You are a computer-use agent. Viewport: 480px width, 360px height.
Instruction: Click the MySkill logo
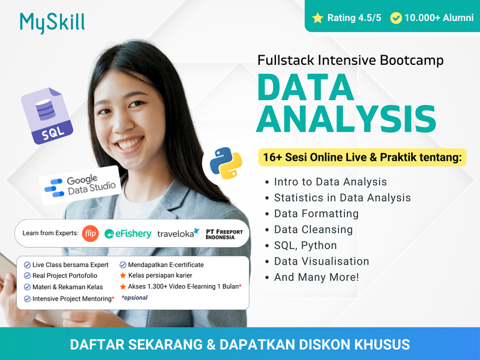point(52,22)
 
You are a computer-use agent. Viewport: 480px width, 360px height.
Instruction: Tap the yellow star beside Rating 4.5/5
point(317,18)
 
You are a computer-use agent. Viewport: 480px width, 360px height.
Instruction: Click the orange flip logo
point(90,233)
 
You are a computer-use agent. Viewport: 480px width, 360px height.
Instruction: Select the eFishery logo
point(128,233)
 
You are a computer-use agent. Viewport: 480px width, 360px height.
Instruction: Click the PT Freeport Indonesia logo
point(224,233)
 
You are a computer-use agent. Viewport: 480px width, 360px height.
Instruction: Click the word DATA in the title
point(305,88)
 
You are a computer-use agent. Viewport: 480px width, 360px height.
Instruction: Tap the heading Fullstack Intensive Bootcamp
point(350,60)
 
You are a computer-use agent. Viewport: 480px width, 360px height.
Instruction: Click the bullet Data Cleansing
point(313,229)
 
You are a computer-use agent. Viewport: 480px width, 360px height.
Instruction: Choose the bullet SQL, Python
point(305,245)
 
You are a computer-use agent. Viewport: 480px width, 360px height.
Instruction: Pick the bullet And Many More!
point(316,277)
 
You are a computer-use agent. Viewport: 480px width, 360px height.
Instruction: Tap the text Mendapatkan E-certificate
point(166,265)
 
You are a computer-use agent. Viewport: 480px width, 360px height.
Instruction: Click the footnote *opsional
point(134,298)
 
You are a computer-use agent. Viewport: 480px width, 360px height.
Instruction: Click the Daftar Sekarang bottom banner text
point(240,344)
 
